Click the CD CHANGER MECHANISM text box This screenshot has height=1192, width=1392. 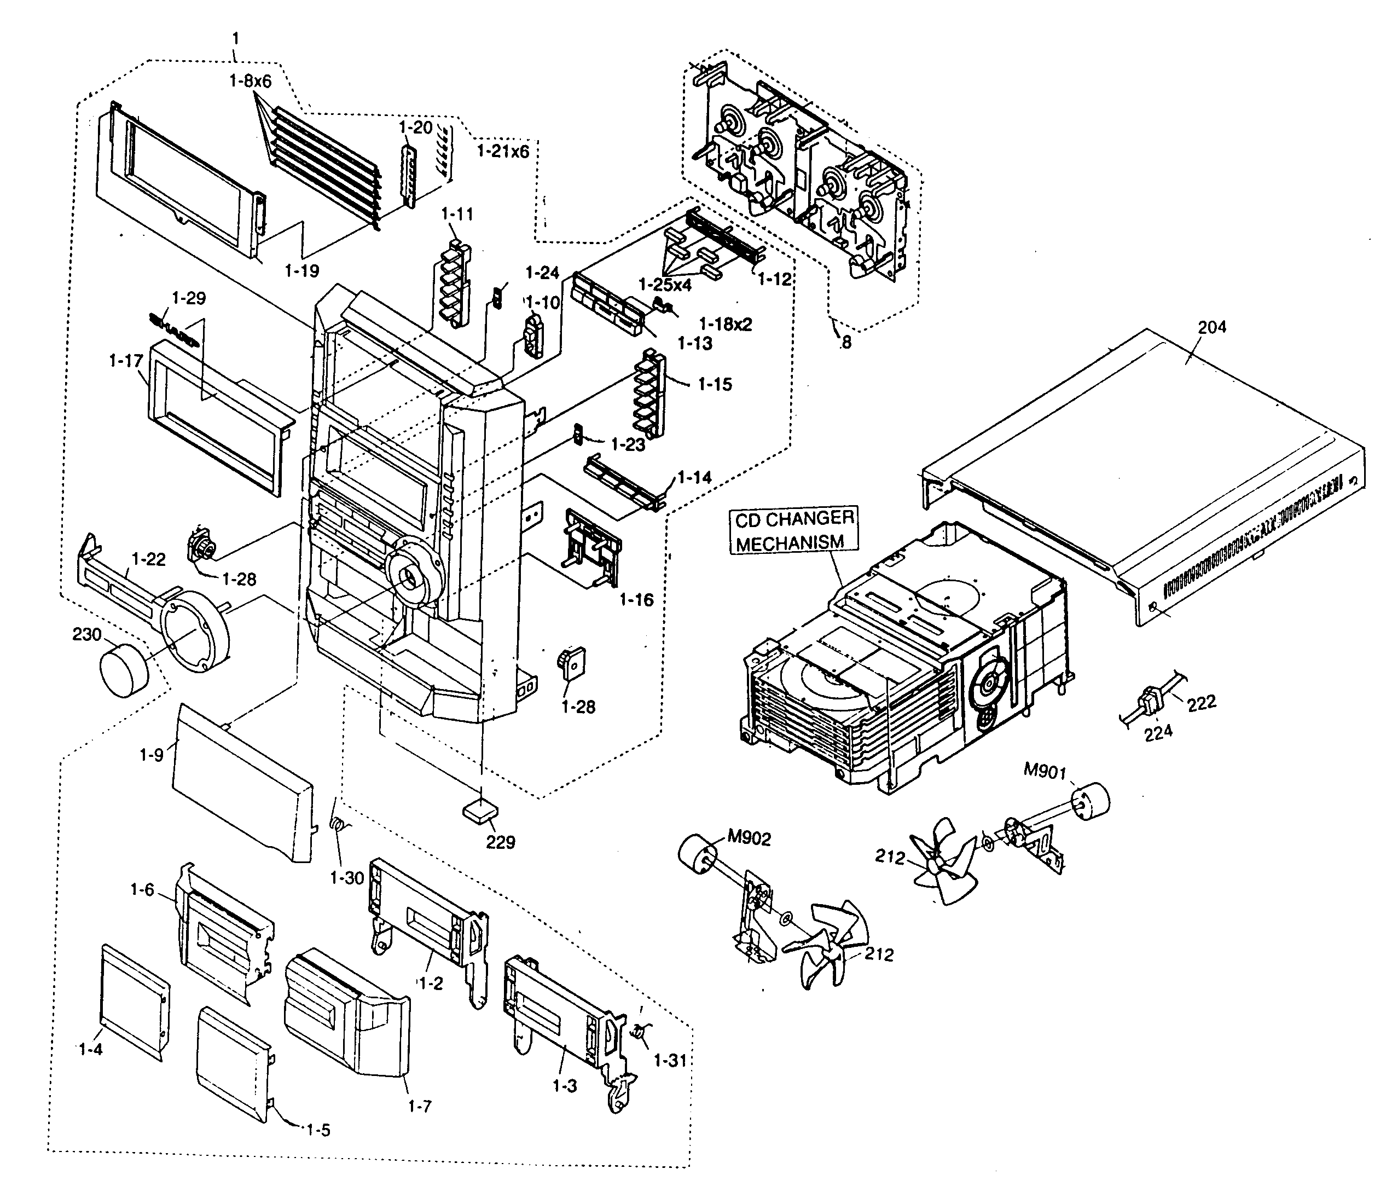coord(793,530)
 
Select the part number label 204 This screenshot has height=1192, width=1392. coord(1212,327)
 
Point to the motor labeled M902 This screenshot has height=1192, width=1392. coord(697,853)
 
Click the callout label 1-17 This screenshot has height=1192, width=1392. coord(126,361)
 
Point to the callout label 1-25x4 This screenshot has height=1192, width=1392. coord(664,285)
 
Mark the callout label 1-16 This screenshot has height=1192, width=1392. coord(636,599)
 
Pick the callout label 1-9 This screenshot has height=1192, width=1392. coord(151,755)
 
